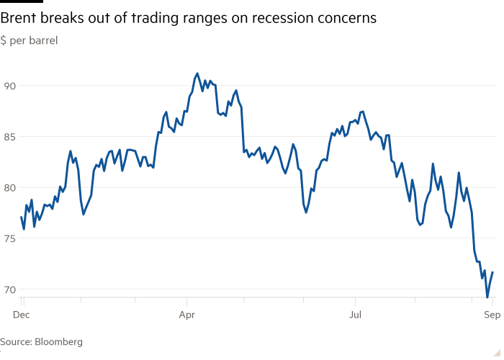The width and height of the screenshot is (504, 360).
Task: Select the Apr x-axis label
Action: click(187, 315)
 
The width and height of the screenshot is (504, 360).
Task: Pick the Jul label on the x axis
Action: click(355, 315)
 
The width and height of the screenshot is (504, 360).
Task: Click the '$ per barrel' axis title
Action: click(29, 41)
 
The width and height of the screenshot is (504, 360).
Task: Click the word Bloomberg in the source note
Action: click(60, 342)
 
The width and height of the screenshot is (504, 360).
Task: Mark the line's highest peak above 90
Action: click(197, 73)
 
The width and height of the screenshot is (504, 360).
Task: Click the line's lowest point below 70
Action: click(487, 296)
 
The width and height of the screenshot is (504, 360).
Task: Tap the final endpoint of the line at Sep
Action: click(492, 272)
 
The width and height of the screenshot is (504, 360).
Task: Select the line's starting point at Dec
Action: click(20, 217)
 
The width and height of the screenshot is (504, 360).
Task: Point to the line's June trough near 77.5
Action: click(306, 212)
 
